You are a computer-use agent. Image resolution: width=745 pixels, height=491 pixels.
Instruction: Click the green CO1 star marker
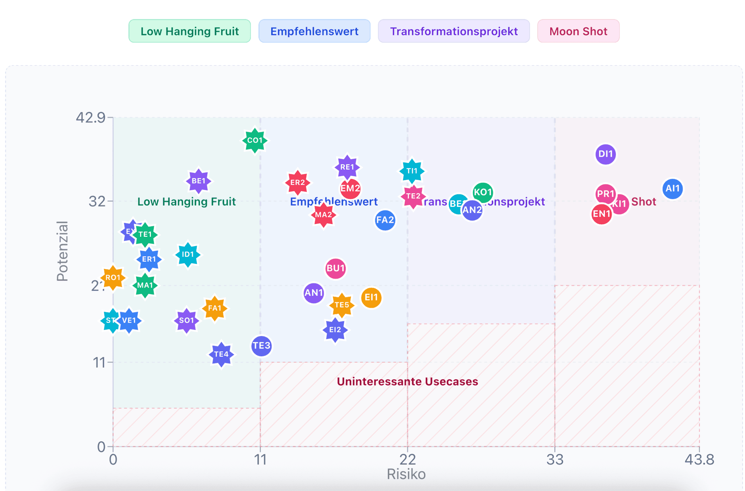point(255,141)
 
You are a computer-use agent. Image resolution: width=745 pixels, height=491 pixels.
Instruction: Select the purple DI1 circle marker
point(605,154)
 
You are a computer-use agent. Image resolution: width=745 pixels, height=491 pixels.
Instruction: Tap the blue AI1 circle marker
point(672,189)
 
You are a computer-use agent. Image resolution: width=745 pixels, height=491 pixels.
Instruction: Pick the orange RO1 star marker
point(113,278)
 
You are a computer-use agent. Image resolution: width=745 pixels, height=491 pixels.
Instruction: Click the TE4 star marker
point(221,354)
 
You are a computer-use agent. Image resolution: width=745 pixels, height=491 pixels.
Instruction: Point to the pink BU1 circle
point(335,268)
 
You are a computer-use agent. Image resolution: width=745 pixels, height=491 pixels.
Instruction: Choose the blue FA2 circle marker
point(385,220)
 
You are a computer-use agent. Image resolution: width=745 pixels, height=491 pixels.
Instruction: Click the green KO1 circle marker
point(483,192)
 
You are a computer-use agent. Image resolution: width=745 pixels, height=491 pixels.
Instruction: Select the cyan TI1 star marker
point(412,171)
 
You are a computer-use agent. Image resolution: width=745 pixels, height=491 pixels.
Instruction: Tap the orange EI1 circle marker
point(371,297)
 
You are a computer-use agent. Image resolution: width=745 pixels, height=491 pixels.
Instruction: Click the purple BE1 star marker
point(198,181)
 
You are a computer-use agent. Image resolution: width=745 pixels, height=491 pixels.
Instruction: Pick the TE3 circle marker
point(261,345)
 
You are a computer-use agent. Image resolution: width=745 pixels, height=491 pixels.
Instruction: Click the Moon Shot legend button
point(578,31)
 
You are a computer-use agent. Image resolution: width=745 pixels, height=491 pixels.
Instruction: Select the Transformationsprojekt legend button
point(454,31)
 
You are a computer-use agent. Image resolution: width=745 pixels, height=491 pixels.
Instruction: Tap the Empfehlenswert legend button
point(314,31)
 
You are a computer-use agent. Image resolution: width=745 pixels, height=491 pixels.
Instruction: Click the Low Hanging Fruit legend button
point(189,31)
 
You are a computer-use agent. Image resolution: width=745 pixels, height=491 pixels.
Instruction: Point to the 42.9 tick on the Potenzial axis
point(90,117)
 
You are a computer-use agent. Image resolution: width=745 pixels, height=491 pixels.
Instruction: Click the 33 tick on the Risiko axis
point(554,460)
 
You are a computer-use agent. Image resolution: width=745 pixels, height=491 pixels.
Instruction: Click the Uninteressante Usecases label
point(407,382)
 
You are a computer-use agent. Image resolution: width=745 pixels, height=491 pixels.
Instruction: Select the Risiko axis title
point(406,474)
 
